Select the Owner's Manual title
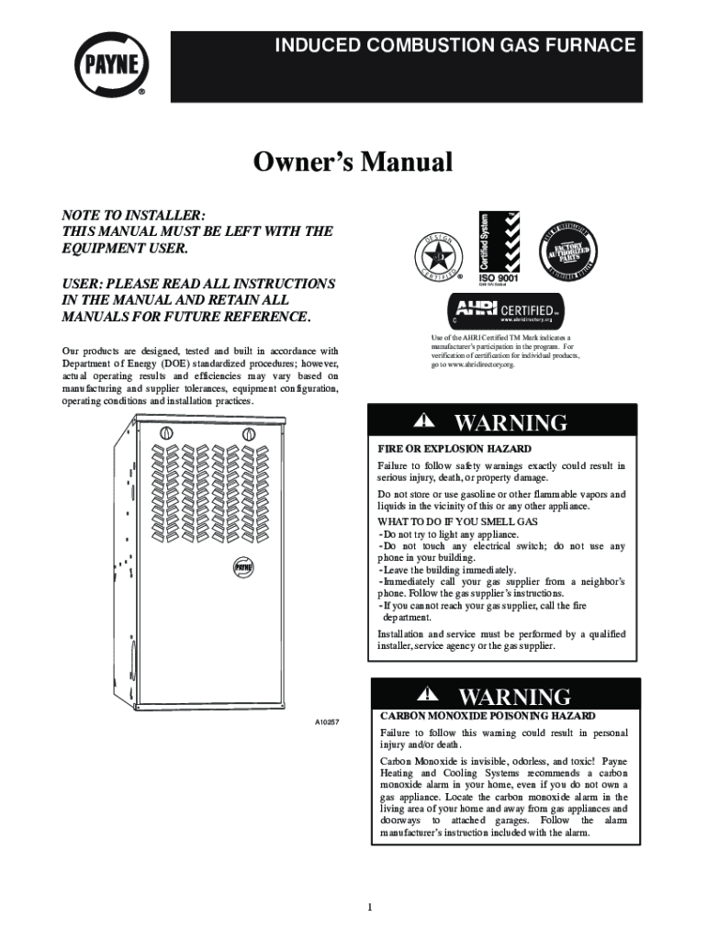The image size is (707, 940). point(353,163)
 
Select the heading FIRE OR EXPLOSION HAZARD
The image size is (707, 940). point(454,450)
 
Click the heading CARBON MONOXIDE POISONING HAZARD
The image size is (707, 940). point(488,715)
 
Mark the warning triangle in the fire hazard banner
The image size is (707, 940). point(423,421)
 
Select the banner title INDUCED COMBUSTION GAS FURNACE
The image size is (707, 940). point(456,45)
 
